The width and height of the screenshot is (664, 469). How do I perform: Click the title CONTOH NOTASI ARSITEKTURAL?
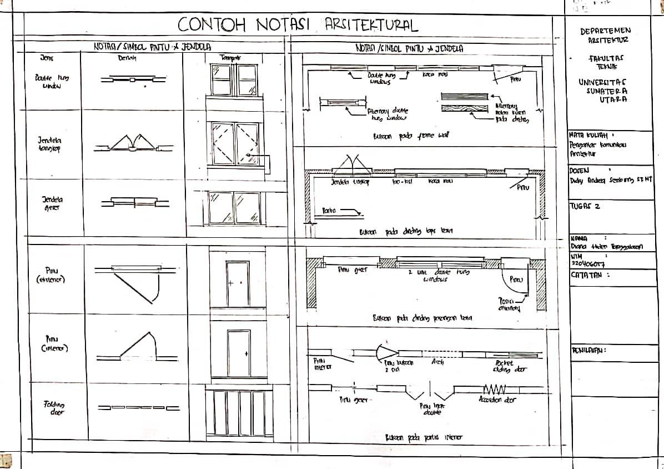click(298, 25)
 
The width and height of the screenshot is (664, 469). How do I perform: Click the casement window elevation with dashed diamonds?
click(235, 143)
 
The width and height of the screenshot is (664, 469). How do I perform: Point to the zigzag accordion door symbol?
click(494, 388)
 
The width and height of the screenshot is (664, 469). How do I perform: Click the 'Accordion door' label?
click(498, 399)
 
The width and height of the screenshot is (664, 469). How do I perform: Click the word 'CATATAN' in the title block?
click(588, 274)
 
